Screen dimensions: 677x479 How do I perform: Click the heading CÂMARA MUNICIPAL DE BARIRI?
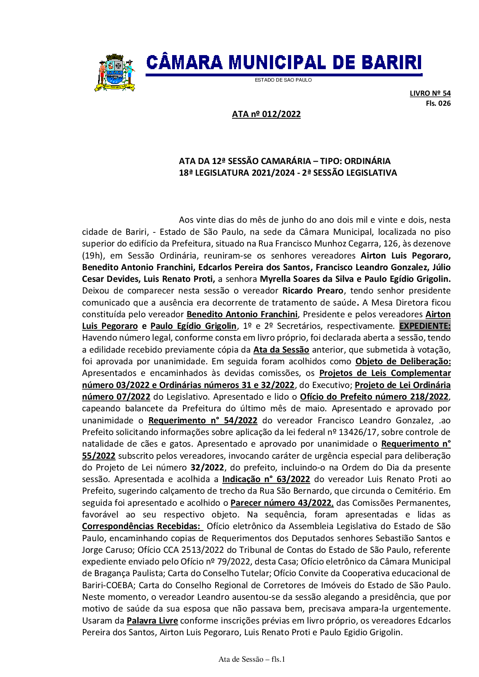tap(284, 63)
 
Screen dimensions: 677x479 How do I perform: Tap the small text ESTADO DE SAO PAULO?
tap(283, 80)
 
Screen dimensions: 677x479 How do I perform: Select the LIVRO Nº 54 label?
tap(430, 93)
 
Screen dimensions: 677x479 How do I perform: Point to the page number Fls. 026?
tap(438, 103)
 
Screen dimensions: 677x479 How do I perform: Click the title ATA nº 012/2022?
tap(266, 114)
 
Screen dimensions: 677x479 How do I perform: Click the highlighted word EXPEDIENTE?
tap(425, 326)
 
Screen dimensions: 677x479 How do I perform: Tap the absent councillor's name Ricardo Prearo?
tap(313, 291)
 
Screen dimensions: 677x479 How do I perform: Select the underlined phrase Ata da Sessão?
tap(281, 350)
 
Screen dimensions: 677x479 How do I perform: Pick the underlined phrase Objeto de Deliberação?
tap(403, 361)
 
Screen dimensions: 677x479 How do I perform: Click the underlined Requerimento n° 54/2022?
tap(203, 421)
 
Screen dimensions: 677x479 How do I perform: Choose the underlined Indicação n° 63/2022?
tap(266, 479)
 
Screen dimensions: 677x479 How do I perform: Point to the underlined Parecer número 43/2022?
tap(282, 503)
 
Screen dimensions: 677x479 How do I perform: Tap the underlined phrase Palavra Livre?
tap(152, 621)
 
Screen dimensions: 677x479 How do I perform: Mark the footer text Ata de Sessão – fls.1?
tap(252, 659)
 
